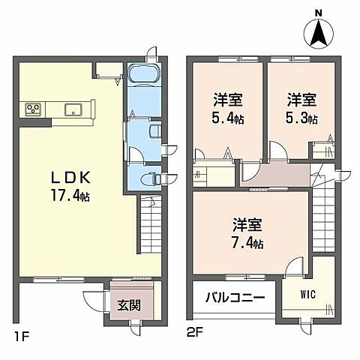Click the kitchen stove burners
coord(34,109)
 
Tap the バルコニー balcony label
coord(235,298)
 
